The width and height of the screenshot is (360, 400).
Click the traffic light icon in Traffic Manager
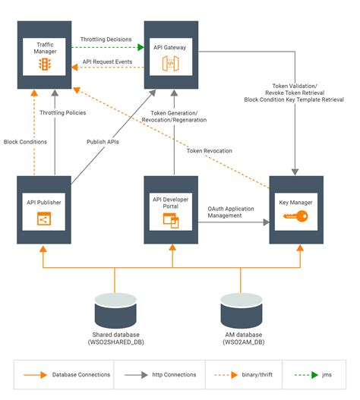point(45,64)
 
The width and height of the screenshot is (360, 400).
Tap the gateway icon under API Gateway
point(171,64)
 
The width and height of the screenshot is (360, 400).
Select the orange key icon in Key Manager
point(295,216)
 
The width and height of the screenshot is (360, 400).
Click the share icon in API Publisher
point(44,219)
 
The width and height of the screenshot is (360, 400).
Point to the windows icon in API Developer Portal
point(171,221)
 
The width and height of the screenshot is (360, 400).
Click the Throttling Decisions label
point(106,39)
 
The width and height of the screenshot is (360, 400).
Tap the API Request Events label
point(107,61)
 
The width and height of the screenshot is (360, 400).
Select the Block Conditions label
point(25,142)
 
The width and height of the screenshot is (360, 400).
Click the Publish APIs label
point(103,142)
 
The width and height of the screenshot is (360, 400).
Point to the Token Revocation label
point(210,151)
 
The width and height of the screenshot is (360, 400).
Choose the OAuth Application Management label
point(231,212)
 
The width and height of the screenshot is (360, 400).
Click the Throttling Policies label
point(63,113)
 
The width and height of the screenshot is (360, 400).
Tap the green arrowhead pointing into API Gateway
point(141,47)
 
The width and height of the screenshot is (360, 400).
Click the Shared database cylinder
point(115,310)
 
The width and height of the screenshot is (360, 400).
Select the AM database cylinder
point(242,310)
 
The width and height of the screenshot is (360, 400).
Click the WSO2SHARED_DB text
point(116,342)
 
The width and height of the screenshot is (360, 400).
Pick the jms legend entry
point(313,375)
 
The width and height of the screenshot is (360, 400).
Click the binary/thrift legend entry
point(243,375)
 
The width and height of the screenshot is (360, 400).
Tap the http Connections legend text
point(174,375)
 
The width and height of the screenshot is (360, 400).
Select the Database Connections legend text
point(81,375)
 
